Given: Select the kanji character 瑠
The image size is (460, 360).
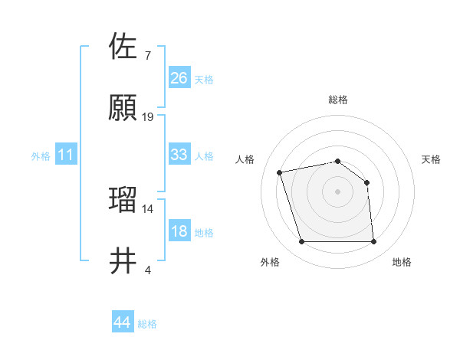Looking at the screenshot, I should (124, 199).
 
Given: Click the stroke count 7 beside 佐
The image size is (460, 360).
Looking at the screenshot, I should (147, 56).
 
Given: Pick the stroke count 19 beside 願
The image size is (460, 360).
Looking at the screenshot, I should (148, 117).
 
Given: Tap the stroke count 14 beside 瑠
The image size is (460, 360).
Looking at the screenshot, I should (148, 208).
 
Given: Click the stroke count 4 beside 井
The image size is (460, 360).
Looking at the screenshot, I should (147, 270).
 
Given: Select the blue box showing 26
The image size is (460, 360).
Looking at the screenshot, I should (179, 78).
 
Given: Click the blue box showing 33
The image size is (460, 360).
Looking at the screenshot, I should (179, 155).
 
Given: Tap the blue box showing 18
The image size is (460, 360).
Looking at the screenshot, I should (179, 231).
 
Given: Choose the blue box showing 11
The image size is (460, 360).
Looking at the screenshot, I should (66, 155).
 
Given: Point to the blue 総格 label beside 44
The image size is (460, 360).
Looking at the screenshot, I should (148, 324).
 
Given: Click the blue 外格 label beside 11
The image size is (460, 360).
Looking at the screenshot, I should (41, 156).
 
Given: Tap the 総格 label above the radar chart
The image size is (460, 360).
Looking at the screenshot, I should (338, 100).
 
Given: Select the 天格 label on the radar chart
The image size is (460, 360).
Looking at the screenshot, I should (432, 159).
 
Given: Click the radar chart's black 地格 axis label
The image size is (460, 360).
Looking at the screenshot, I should (402, 262).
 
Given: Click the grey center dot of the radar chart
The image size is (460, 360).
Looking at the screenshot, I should (338, 191).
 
